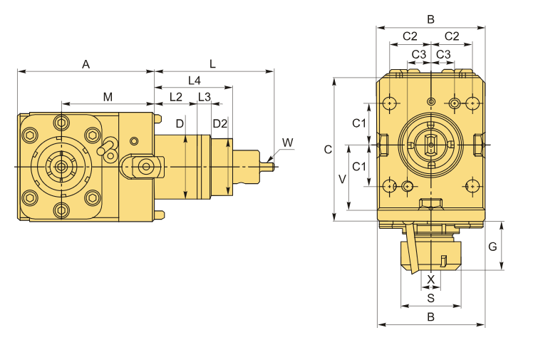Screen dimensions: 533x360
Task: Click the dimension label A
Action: tap(86, 64)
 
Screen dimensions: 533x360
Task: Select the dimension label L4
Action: tap(195, 81)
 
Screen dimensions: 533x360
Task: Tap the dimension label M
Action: tap(108, 97)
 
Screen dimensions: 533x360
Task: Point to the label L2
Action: tap(176, 97)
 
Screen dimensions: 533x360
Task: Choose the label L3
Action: tap(205, 97)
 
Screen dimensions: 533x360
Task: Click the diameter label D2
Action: tap(219, 124)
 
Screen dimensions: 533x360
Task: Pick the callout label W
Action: tap(288, 143)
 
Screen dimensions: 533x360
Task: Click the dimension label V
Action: tap(342, 179)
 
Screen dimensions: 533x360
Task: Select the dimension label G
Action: tap(492, 247)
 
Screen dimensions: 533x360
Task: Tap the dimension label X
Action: tap(430, 279)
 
